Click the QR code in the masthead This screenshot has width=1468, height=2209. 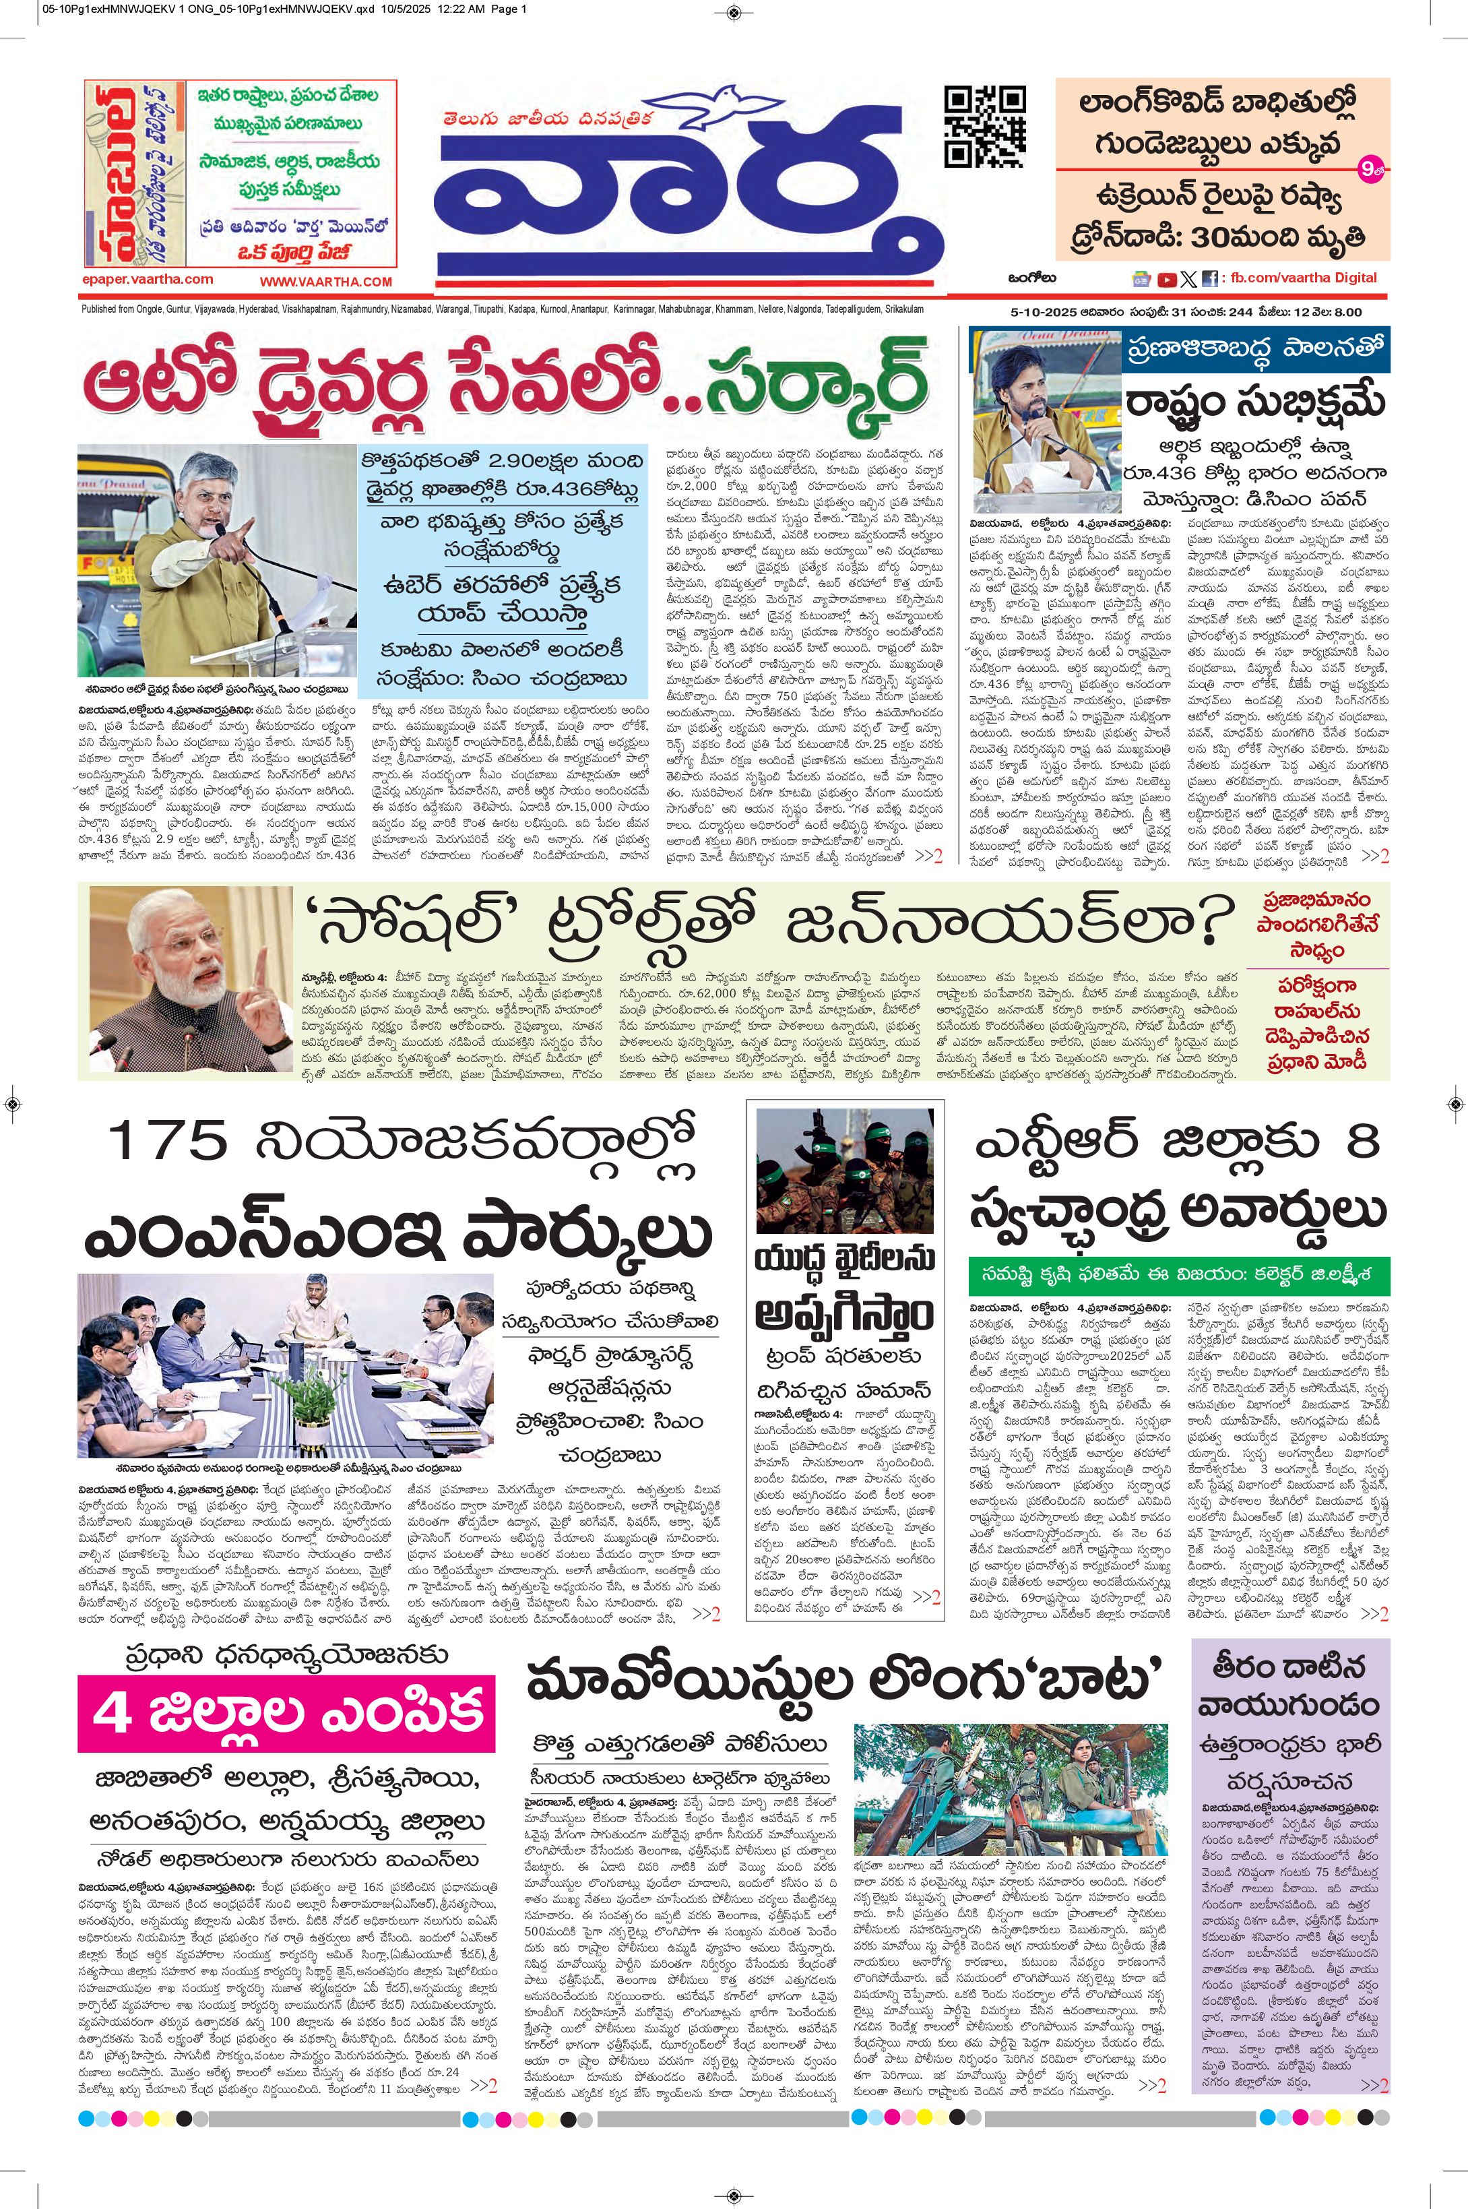point(986,127)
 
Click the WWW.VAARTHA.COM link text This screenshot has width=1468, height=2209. point(326,282)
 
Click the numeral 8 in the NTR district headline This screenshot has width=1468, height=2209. point(1360,1142)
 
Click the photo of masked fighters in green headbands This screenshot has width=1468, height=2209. point(845,1171)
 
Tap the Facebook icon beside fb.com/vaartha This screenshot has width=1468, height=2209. point(1209,279)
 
